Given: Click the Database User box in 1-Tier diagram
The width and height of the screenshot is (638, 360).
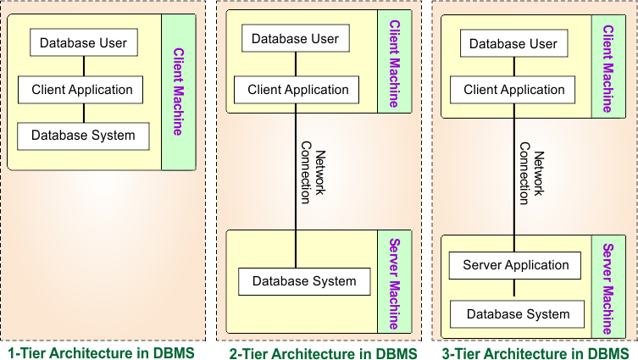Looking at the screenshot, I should point(83,43).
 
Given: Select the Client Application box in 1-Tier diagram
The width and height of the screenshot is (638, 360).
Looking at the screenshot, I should point(82,90).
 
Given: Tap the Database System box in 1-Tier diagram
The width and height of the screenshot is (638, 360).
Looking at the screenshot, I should point(83,136).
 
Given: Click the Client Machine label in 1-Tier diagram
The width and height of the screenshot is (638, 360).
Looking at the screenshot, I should point(179,91).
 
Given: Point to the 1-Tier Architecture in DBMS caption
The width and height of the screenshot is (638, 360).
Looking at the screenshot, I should point(101,352).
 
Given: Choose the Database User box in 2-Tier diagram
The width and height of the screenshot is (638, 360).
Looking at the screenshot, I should point(295,39).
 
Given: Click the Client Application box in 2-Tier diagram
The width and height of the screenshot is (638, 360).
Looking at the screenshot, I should point(297,90).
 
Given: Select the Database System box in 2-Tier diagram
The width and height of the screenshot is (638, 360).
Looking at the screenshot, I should point(304,281).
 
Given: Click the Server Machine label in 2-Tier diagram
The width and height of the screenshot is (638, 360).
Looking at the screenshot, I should point(394,282).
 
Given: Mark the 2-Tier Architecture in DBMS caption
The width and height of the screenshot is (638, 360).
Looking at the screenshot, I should point(323,353).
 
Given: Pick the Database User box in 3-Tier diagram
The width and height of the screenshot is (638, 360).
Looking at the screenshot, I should point(513,44).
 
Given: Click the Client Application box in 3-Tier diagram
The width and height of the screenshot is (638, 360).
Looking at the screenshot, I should point(513,90).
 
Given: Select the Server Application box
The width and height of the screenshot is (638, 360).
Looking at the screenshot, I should point(516,266).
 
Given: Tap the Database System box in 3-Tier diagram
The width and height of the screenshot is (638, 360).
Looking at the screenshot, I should point(518,314).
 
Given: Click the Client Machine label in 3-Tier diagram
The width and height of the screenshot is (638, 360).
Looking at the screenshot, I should point(608,68).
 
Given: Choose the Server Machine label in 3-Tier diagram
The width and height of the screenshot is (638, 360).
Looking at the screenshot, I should point(607,289).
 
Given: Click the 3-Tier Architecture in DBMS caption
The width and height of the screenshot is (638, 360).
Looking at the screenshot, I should point(535,353).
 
